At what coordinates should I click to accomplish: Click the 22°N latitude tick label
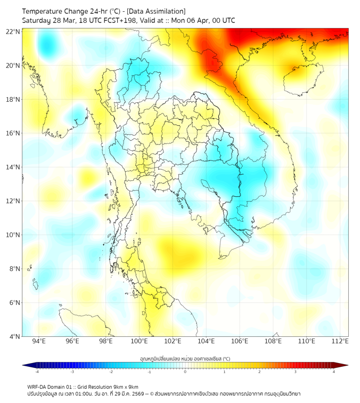click(x=14, y=31)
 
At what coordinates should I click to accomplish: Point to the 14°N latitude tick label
click(x=14, y=167)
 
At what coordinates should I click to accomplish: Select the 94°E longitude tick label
click(x=39, y=341)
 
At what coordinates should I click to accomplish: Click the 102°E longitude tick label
click(x=173, y=341)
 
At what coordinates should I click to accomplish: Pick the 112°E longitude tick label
click(x=340, y=341)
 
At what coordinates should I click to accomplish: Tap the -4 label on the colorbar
click(x=36, y=372)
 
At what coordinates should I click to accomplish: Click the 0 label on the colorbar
click(x=185, y=372)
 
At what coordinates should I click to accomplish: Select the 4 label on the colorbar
click(x=333, y=372)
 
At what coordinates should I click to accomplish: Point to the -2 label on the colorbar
click(x=111, y=372)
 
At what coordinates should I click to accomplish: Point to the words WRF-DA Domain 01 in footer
click(x=49, y=386)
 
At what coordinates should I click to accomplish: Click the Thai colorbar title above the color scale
click(x=185, y=358)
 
